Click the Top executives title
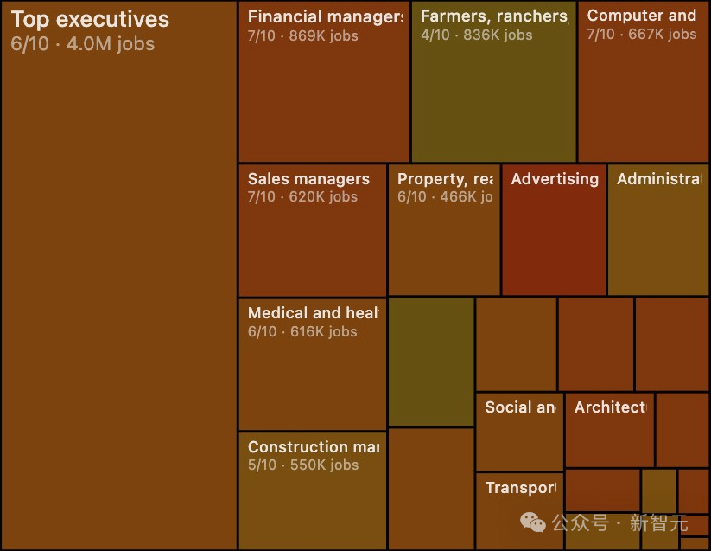[x=90, y=20]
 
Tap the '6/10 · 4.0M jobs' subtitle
[x=83, y=43]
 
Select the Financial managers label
[x=325, y=16]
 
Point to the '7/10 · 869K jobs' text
[x=302, y=35]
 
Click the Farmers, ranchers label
[x=493, y=16]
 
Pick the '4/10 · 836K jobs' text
[x=476, y=35]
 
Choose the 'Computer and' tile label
[x=641, y=16]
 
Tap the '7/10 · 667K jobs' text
[x=641, y=35]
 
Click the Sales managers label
[x=308, y=179]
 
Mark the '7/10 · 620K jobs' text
[x=302, y=197]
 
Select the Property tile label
[x=445, y=179]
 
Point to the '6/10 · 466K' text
[x=445, y=197]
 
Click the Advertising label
[x=555, y=179]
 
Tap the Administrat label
[x=659, y=179]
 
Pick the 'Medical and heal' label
[x=313, y=313]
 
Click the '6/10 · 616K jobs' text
[x=302, y=332]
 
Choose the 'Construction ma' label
[x=313, y=447]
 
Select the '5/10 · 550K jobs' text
[x=302, y=465]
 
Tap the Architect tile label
[x=610, y=407]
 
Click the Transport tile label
[x=520, y=488]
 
